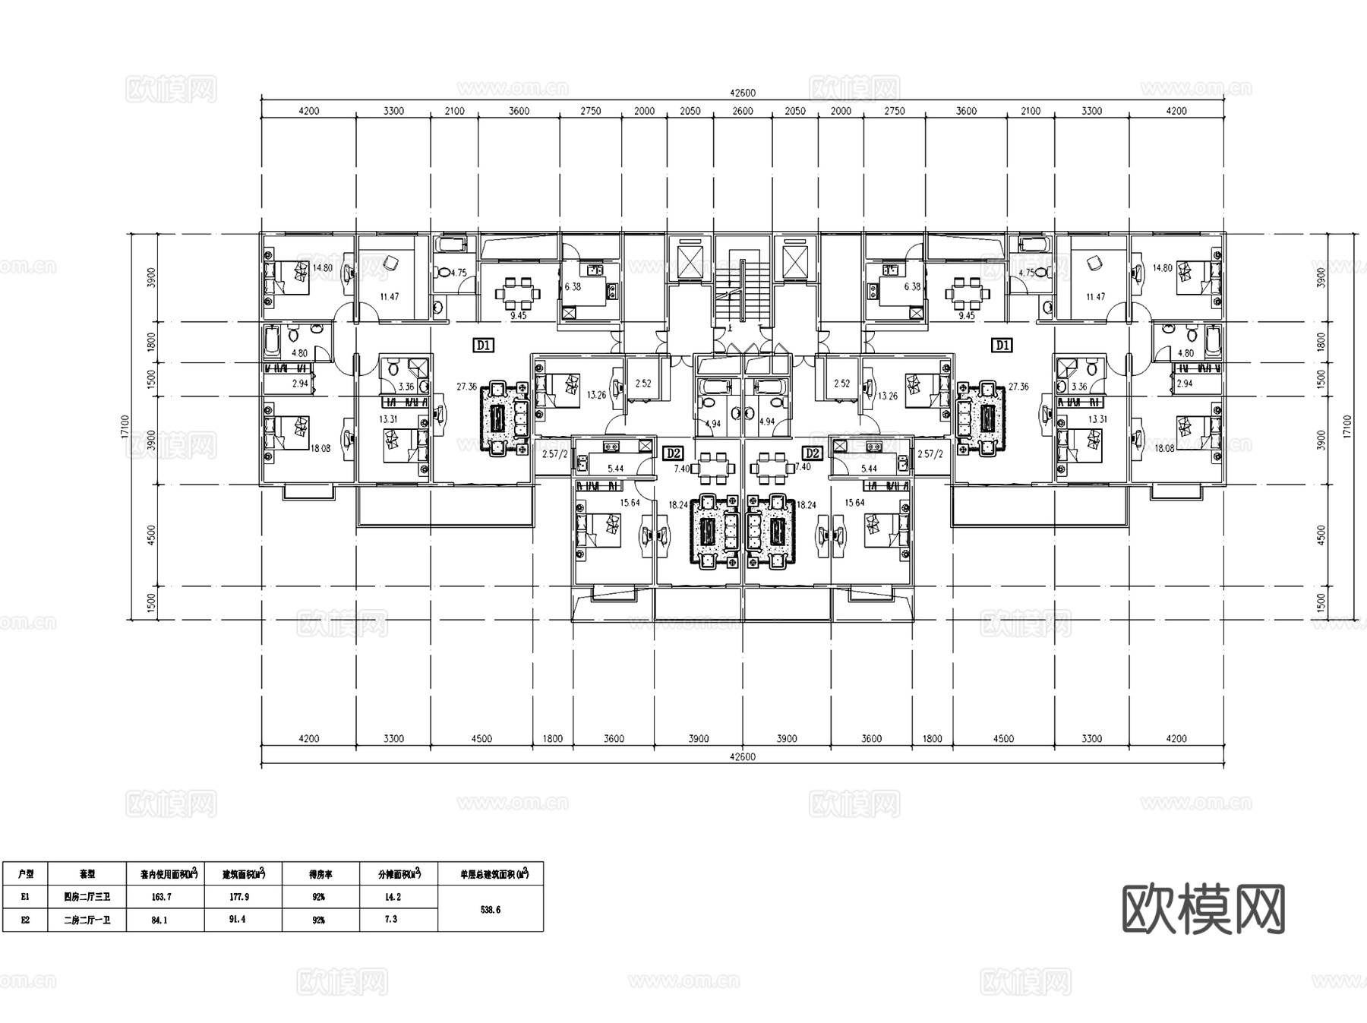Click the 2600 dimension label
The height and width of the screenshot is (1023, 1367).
click(x=743, y=111)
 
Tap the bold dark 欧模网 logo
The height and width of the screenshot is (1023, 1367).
click(x=1203, y=909)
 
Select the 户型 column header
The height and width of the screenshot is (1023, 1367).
click(x=26, y=874)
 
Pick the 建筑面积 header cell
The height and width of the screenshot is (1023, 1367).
click(x=243, y=874)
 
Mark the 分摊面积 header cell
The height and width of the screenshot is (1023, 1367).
click(x=399, y=874)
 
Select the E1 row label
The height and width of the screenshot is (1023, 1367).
click(x=26, y=897)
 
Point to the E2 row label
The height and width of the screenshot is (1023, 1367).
click(x=26, y=920)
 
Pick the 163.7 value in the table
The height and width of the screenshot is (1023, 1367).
click(x=161, y=897)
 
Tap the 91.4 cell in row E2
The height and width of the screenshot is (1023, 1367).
click(x=238, y=920)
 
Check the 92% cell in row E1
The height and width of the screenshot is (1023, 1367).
click(x=318, y=897)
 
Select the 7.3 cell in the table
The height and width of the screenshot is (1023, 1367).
click(x=391, y=920)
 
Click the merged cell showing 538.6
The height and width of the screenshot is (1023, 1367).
click(x=491, y=909)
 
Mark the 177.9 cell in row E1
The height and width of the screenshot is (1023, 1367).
click(x=238, y=897)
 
